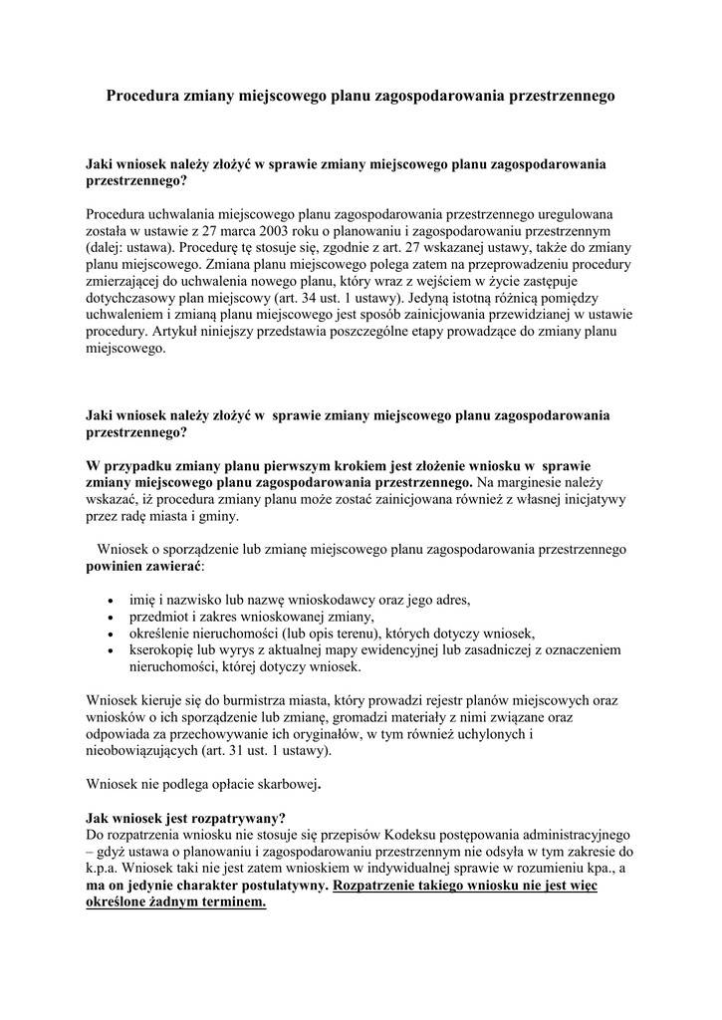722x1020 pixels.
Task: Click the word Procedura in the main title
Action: coord(142,97)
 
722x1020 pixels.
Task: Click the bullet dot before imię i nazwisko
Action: coord(109,601)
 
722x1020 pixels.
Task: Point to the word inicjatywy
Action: coord(588,499)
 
